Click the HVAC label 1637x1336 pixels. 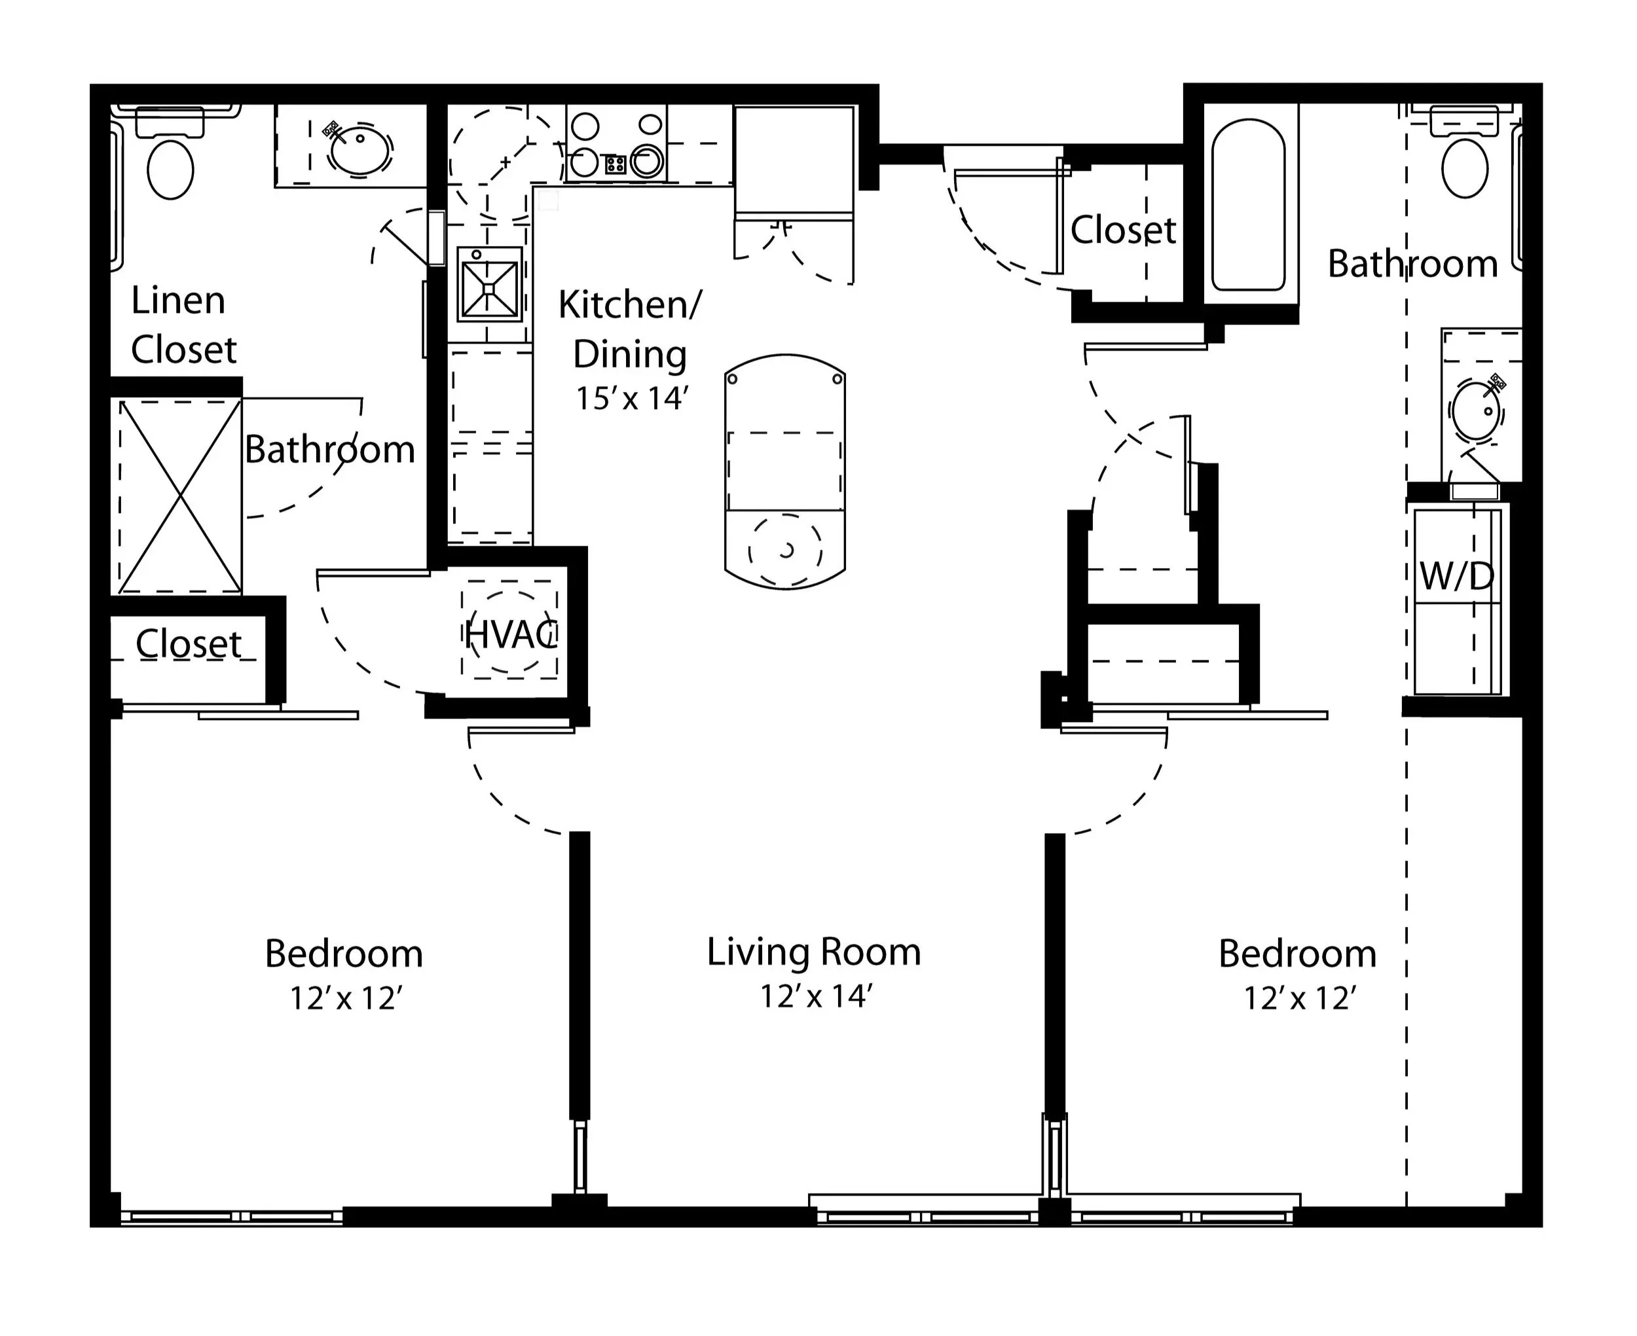click(511, 635)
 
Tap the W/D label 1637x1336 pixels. click(1456, 575)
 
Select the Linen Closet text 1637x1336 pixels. click(183, 325)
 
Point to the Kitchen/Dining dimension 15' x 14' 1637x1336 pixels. click(631, 398)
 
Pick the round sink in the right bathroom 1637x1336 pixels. click(1477, 411)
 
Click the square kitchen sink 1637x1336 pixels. click(490, 283)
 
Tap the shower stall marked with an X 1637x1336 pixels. click(179, 496)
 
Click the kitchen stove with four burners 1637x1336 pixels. click(616, 144)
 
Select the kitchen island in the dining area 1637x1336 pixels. click(785, 472)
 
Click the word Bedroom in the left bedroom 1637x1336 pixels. click(344, 954)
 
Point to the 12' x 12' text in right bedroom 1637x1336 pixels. click(1300, 998)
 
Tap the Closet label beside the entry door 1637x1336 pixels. click(1124, 229)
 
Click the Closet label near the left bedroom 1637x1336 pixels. click(189, 643)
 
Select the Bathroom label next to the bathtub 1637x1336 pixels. click(1413, 264)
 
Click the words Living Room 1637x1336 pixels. click(815, 952)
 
